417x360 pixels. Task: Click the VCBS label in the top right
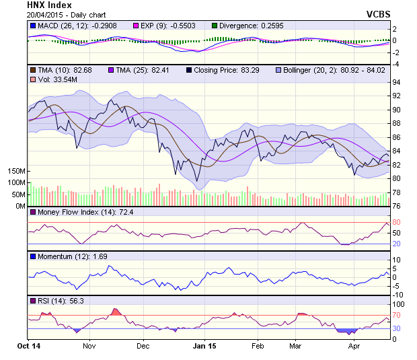pos(379,13)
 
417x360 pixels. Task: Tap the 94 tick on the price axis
pos(396,82)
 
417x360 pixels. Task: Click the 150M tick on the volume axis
pos(17,172)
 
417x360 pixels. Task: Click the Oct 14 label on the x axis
pos(29,346)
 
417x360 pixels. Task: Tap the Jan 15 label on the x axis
pos(204,346)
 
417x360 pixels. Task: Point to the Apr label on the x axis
pos(354,346)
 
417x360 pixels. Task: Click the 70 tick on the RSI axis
pos(396,315)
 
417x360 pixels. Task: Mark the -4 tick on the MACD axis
pos(395,64)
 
